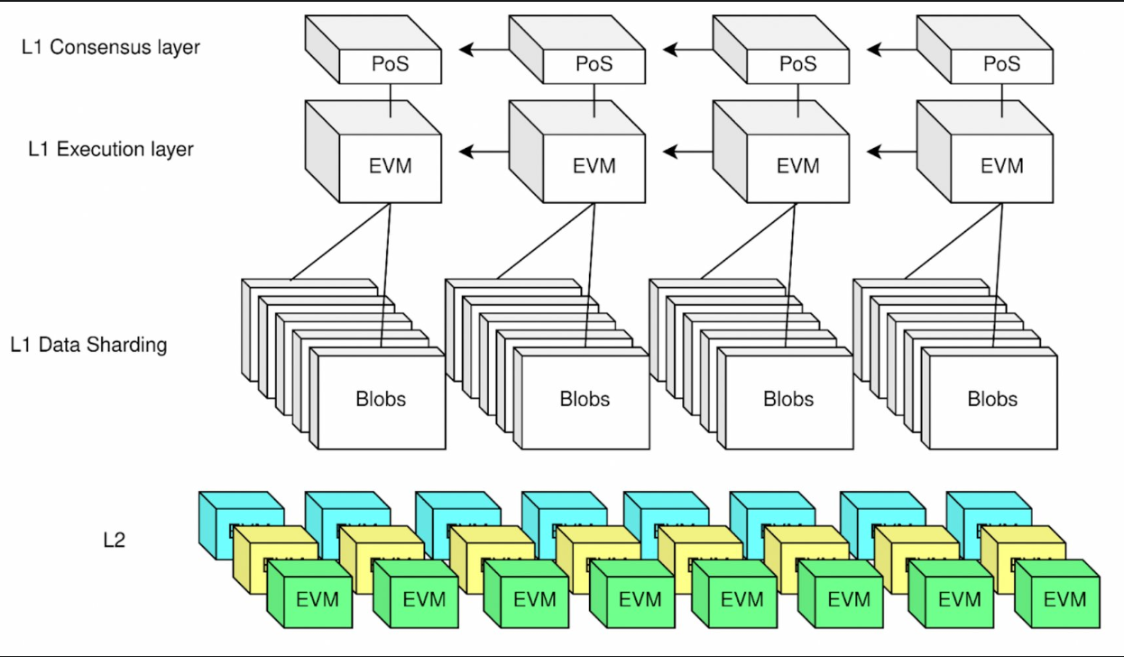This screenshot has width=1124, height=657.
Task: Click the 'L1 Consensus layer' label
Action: pyautogui.click(x=111, y=47)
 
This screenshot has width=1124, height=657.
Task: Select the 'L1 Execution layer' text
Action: pyautogui.click(x=111, y=150)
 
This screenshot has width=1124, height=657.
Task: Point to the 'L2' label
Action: pyautogui.click(x=114, y=541)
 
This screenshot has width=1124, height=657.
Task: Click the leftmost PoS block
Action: pyautogui.click(x=391, y=64)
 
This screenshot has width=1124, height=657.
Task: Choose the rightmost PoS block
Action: pyautogui.click(x=1001, y=64)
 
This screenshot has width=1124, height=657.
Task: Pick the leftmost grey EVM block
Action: pyautogui.click(x=391, y=166)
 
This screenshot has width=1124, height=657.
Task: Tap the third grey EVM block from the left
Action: pyautogui.click(x=797, y=166)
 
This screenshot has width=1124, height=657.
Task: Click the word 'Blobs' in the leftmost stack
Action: pyautogui.click(x=381, y=399)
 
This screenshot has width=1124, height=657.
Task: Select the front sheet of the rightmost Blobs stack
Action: pyautogui.click(x=992, y=399)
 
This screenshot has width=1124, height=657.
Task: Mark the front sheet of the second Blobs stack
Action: pyautogui.click(x=585, y=399)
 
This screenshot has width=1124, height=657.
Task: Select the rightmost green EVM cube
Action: pyautogui.click(x=1064, y=598)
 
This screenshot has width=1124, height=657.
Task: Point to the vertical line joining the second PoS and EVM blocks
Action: pyautogui.click(x=594, y=100)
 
